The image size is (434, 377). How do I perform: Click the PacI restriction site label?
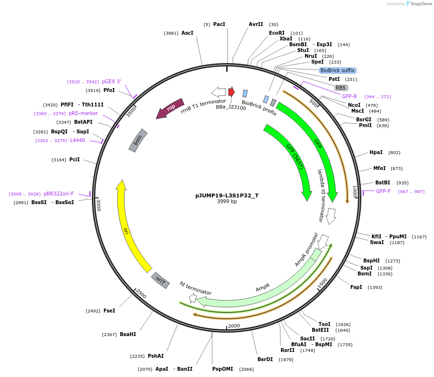219,24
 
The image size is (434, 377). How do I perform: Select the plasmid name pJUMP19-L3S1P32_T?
227,195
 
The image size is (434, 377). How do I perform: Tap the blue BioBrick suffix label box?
337,70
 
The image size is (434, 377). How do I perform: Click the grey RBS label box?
341,88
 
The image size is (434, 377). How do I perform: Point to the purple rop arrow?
170,108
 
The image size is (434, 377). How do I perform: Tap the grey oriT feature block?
160,280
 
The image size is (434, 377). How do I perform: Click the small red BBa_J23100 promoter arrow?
231,91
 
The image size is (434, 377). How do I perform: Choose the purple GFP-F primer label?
383,192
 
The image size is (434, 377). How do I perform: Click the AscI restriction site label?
187,33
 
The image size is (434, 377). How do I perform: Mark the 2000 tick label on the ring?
234,326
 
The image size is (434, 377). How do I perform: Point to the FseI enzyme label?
109,311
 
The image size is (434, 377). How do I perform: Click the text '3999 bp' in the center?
227,202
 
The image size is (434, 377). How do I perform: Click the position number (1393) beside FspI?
375,287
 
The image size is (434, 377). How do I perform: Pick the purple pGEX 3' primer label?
111,81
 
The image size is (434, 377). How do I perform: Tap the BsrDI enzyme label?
265,359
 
